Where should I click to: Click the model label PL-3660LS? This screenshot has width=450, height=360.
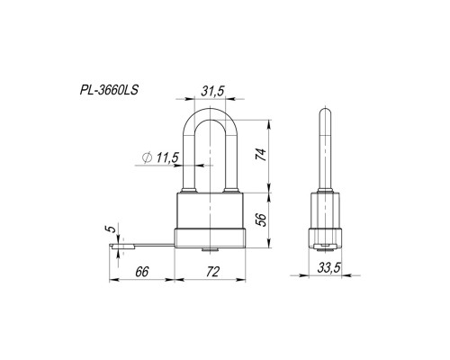click(x=109, y=90)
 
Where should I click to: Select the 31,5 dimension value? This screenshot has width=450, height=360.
click(x=212, y=92)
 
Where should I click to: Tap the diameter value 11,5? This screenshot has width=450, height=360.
click(x=167, y=157)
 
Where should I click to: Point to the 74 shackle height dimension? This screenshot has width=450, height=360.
click(x=261, y=155)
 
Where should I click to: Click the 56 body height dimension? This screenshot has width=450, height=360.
click(x=261, y=220)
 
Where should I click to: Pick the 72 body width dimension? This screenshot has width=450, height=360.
click(x=212, y=272)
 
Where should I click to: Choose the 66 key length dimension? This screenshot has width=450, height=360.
click(x=141, y=272)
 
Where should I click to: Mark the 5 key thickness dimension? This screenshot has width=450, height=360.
click(x=111, y=229)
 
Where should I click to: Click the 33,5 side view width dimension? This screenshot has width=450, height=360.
click(x=329, y=268)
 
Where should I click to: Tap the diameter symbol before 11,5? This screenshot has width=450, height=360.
click(x=148, y=157)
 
